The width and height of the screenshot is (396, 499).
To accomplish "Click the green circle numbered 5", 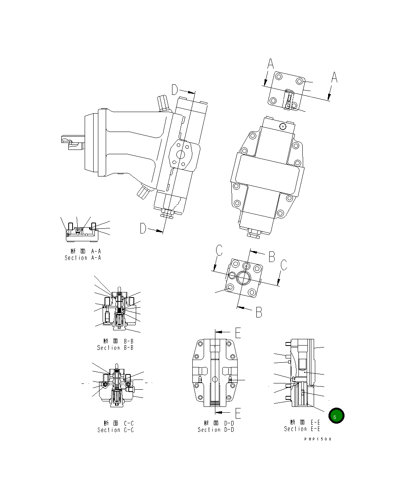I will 336,416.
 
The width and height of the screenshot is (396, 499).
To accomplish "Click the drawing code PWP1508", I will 318,439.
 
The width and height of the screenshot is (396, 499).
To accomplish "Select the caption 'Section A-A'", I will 83,258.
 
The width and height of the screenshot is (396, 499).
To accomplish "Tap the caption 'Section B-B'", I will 115,348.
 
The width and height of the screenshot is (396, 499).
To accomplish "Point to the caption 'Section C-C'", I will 115,430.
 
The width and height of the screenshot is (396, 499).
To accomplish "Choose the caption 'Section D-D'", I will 216,429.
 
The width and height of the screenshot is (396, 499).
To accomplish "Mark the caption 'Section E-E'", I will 302,429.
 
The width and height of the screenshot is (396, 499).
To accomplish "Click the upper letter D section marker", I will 175,90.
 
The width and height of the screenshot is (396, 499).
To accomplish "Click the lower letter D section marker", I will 143,228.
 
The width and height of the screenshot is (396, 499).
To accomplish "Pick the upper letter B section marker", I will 272,257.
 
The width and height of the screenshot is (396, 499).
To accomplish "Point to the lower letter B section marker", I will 259,312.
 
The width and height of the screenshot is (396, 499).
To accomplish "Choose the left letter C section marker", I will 219,250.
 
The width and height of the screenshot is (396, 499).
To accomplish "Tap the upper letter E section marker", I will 238,332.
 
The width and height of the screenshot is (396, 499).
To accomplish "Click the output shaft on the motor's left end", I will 73,142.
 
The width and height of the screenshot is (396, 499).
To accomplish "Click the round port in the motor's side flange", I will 181,155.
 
